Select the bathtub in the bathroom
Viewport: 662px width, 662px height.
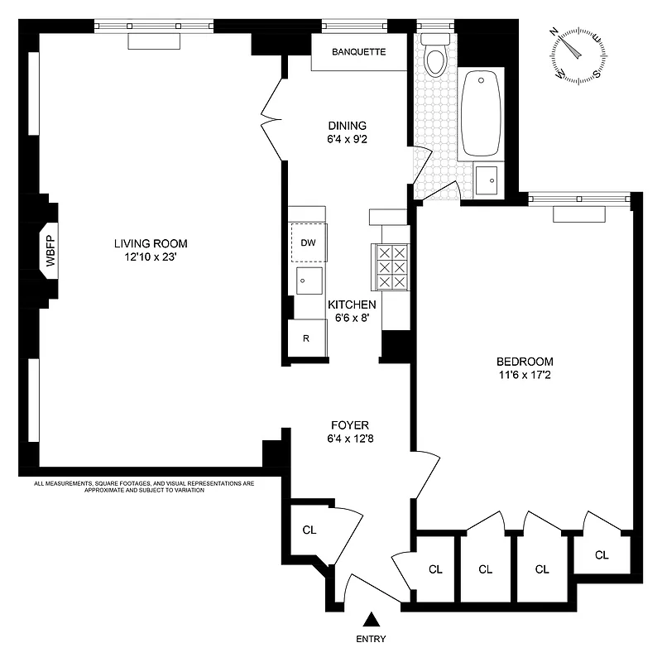pos(480,113)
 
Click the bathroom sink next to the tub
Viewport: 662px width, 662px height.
pos(487,177)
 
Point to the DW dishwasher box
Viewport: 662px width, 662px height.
pos(308,242)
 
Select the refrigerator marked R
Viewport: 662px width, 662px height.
pos(306,338)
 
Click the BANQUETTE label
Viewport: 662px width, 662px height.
pos(358,52)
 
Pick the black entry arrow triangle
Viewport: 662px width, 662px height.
pos(372,620)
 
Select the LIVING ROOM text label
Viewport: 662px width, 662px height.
pos(151,244)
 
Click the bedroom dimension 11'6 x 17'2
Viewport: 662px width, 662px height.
pos(524,375)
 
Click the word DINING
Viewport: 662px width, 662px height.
pos(346,126)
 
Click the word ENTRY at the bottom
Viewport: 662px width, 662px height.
pos(371,639)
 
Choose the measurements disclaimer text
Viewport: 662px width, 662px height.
pos(143,487)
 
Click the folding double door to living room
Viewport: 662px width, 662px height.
pos(271,124)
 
